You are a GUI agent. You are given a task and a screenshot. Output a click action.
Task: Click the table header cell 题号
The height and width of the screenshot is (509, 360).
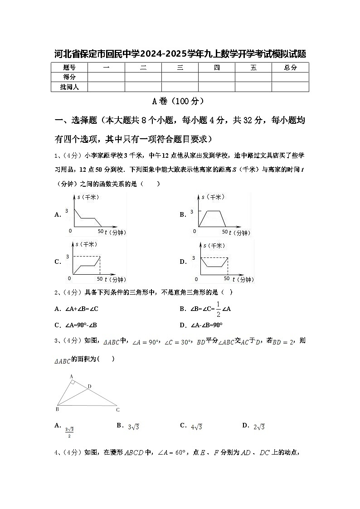69,68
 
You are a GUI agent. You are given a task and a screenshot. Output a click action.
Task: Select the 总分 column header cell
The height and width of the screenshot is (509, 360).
290,68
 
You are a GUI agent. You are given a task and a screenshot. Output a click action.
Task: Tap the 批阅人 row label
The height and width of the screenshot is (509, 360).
69,87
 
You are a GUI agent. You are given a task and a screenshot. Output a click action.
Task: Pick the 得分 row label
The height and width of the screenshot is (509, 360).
69,77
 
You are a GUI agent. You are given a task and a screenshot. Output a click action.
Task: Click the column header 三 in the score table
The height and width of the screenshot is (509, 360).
180,68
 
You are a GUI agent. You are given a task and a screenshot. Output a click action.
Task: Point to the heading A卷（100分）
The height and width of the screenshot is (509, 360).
180,101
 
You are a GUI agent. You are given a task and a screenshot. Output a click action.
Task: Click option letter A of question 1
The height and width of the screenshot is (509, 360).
58,215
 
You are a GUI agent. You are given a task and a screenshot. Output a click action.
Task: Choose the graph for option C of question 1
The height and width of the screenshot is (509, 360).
95,262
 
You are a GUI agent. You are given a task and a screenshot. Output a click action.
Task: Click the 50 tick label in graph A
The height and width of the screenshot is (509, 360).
100,231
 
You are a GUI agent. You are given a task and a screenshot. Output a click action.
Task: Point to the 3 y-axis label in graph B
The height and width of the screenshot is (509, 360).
192,211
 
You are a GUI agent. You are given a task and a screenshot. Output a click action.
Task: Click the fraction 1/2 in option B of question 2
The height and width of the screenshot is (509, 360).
218,309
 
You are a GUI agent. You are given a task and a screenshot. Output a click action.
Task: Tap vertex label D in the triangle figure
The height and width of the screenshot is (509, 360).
89,386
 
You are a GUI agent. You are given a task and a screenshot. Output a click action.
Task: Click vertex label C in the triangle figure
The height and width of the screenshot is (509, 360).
117,410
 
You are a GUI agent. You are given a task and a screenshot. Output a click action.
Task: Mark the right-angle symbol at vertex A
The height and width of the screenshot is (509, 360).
73,382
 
